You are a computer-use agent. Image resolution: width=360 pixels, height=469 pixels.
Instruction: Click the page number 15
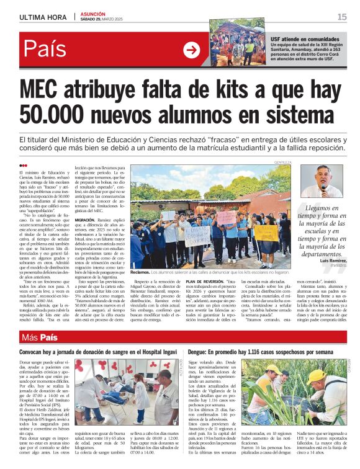(x=341, y=17)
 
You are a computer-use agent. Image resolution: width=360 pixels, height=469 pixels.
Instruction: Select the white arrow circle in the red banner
(x=192, y=50)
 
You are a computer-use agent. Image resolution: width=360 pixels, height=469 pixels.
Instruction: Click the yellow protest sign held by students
(x=266, y=233)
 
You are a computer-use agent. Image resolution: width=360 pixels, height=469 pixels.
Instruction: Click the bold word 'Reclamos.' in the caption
(x=140, y=272)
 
